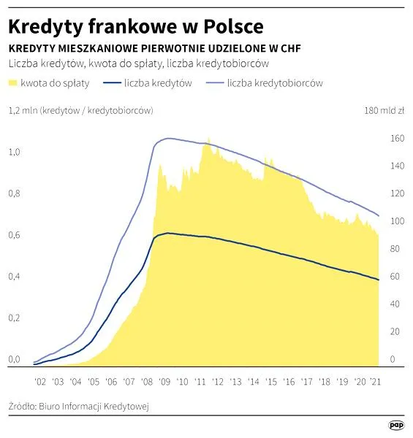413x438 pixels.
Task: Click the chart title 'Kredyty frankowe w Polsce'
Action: [135, 26]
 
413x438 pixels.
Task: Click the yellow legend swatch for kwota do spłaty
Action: [13, 83]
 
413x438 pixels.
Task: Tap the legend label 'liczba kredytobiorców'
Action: [275, 83]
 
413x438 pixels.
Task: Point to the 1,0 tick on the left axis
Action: [15, 152]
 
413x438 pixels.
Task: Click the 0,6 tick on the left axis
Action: [15, 235]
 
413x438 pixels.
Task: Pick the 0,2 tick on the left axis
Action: [15, 318]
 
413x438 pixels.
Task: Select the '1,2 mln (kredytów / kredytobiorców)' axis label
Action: [80, 111]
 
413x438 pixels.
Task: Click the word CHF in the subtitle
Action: [290, 47]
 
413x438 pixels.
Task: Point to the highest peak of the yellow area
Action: [208, 138]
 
